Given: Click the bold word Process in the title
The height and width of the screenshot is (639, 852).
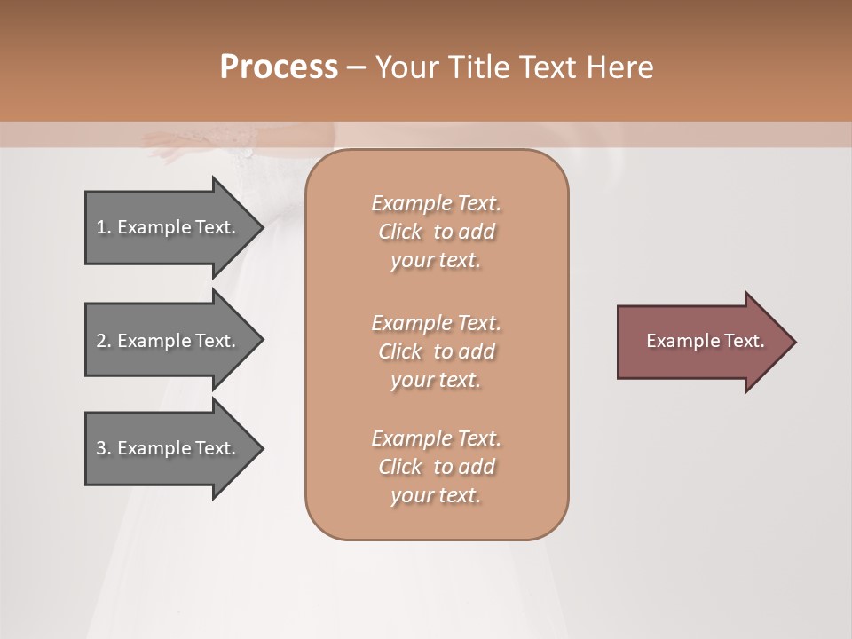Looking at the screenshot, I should click(x=279, y=67).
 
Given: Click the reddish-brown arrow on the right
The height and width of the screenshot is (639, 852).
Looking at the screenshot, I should click(x=701, y=342).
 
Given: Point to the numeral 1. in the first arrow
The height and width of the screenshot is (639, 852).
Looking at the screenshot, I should click(x=104, y=227).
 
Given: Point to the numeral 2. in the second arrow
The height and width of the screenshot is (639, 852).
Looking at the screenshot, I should click(x=104, y=341).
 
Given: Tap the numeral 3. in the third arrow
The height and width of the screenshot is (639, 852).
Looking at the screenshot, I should click(x=104, y=448).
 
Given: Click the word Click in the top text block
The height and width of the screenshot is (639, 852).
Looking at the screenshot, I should click(x=400, y=232).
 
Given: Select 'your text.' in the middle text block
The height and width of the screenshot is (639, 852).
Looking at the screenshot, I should click(x=436, y=380).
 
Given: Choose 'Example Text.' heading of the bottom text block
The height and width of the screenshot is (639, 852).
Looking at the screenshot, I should click(x=436, y=438).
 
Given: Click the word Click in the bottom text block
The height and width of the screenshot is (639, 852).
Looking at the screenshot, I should click(x=400, y=467).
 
